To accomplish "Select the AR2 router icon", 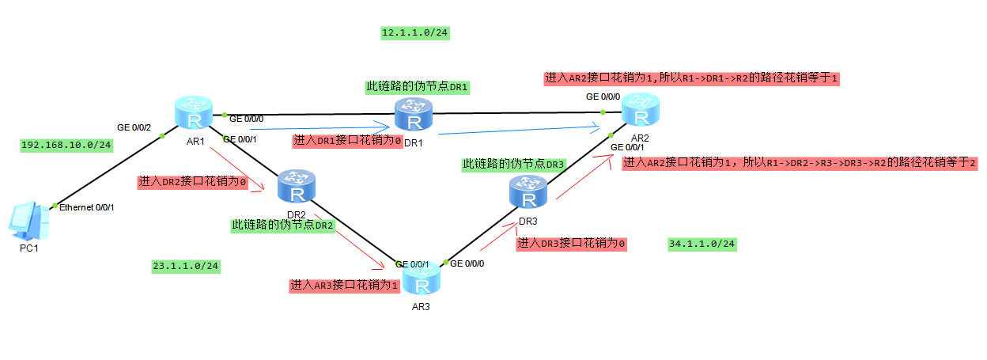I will tap(640, 108).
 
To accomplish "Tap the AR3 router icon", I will tap(423, 279).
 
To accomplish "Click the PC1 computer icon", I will tap(28, 221).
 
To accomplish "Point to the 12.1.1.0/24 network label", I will tap(415, 33).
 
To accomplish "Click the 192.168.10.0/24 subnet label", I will tap(66, 146).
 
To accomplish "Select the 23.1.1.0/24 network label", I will tap(185, 267).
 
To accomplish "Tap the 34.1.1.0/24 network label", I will tap(701, 244).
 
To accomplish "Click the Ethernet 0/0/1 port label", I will tap(87, 207).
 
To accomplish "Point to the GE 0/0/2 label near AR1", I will tap(134, 127).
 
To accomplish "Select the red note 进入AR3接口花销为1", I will tap(344, 285).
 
